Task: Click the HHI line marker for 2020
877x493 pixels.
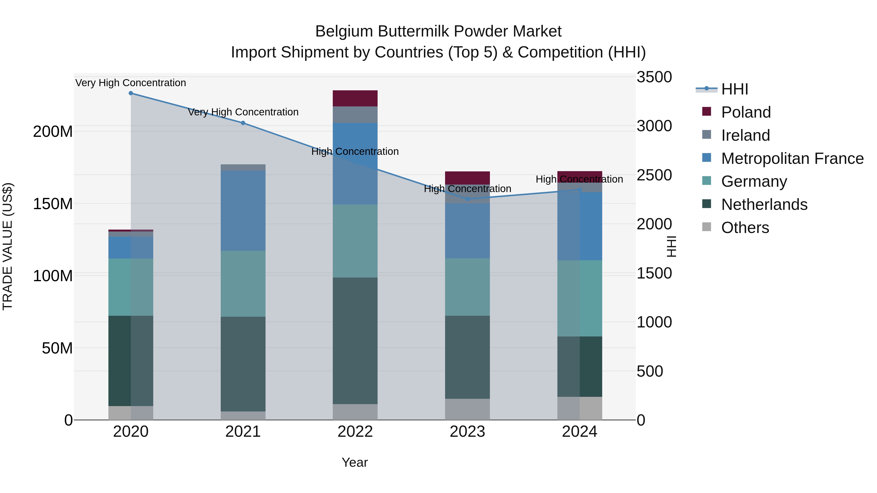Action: tap(131, 93)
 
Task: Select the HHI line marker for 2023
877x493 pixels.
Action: tap(467, 199)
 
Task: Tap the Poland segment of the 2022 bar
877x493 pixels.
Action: tap(355, 98)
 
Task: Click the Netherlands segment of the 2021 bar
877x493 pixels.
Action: tap(243, 364)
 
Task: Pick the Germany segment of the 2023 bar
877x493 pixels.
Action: tap(467, 287)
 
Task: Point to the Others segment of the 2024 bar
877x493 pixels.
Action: tap(580, 408)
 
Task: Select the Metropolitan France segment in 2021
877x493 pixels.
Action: tap(243, 211)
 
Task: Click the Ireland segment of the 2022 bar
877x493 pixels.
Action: tap(355, 115)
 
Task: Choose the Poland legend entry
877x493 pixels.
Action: tap(746, 112)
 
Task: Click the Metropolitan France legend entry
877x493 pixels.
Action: tap(792, 158)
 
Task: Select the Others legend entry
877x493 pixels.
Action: tap(745, 228)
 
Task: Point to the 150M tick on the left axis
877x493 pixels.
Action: tap(53, 204)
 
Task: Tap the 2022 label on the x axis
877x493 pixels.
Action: tap(355, 432)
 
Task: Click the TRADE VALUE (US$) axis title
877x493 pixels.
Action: tap(8, 246)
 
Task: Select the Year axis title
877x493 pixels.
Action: tap(355, 462)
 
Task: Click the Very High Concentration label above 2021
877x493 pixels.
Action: tap(243, 112)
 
